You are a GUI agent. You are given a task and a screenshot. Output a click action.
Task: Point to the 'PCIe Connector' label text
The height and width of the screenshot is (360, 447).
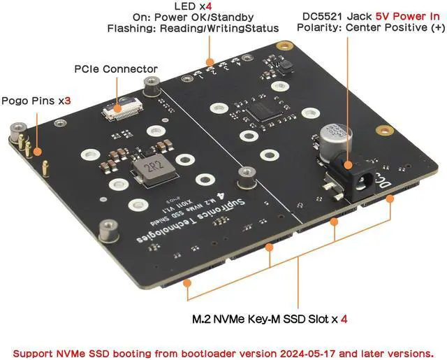point(115,69)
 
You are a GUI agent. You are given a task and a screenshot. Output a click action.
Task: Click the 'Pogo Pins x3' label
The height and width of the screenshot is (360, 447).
point(36,101)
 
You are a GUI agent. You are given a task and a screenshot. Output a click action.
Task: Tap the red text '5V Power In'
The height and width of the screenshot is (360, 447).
point(401,15)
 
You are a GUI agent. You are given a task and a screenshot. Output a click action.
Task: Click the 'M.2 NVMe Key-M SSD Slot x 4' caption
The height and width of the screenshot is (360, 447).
point(270,319)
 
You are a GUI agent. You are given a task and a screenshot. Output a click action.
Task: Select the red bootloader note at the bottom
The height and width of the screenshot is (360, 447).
point(228,352)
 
